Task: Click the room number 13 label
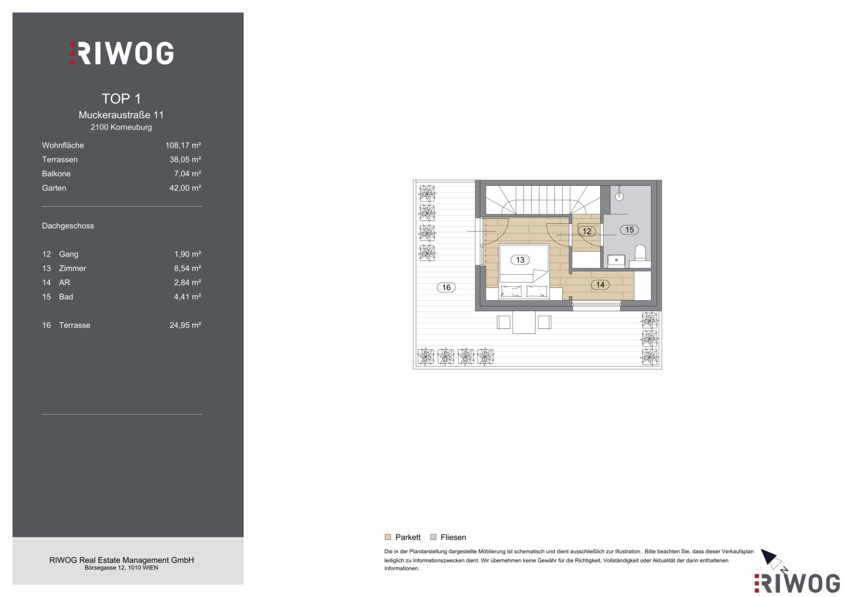(520, 260)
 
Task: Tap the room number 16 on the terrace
(446, 287)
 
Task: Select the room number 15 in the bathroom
(629, 229)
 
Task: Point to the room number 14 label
(600, 285)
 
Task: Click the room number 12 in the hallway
(586, 231)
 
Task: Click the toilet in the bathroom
(640, 253)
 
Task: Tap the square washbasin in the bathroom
(616, 260)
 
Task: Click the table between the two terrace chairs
(524, 322)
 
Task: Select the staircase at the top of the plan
(543, 200)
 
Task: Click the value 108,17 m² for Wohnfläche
(183, 145)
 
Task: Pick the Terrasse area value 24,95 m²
(185, 325)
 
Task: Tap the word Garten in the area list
(54, 188)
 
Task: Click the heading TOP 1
(122, 99)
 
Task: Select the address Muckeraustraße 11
(121, 115)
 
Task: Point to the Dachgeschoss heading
(68, 226)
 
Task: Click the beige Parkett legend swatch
(387, 537)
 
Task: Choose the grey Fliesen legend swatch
(433, 537)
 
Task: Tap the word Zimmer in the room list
(72, 268)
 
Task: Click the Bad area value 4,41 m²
(187, 297)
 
